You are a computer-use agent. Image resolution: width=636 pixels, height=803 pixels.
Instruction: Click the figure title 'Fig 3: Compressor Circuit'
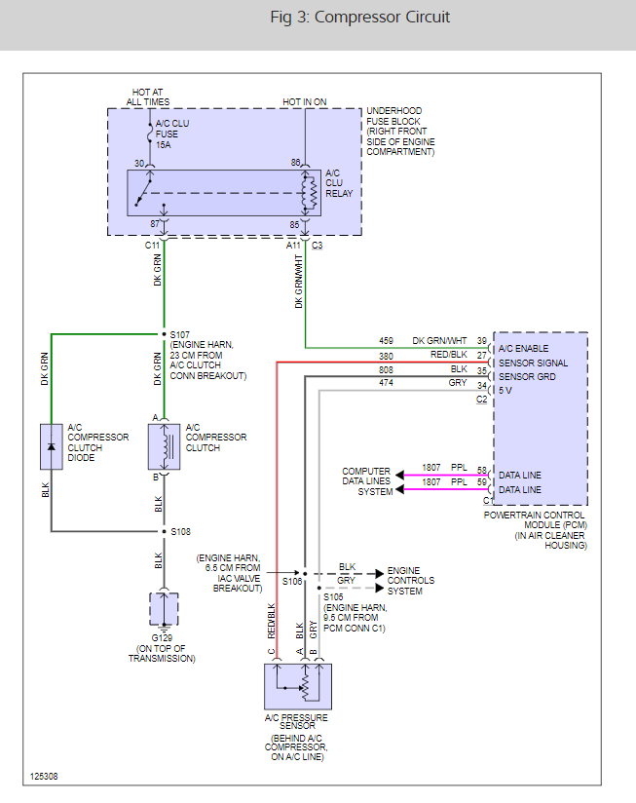click(x=359, y=18)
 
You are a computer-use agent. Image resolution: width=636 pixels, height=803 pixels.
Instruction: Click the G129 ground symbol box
click(x=163, y=608)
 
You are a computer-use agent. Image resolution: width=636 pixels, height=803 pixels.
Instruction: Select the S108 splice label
click(x=181, y=532)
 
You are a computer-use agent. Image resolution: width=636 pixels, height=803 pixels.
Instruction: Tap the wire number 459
click(x=387, y=340)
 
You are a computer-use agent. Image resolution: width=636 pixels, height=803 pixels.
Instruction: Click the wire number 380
click(x=387, y=356)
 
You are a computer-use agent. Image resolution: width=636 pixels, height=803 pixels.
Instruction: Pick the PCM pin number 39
click(x=481, y=340)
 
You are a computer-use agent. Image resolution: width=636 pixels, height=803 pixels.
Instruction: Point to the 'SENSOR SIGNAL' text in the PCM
click(x=533, y=363)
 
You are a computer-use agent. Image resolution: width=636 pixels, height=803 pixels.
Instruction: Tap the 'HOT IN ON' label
click(x=305, y=102)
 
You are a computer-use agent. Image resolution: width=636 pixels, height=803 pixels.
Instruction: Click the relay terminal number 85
click(x=295, y=224)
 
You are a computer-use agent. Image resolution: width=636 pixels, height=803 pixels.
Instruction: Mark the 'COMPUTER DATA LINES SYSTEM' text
click(x=366, y=481)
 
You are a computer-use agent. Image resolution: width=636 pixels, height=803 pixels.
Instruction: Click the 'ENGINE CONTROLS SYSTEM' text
click(x=410, y=581)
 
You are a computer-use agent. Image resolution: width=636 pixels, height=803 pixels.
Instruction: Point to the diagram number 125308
click(x=45, y=777)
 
